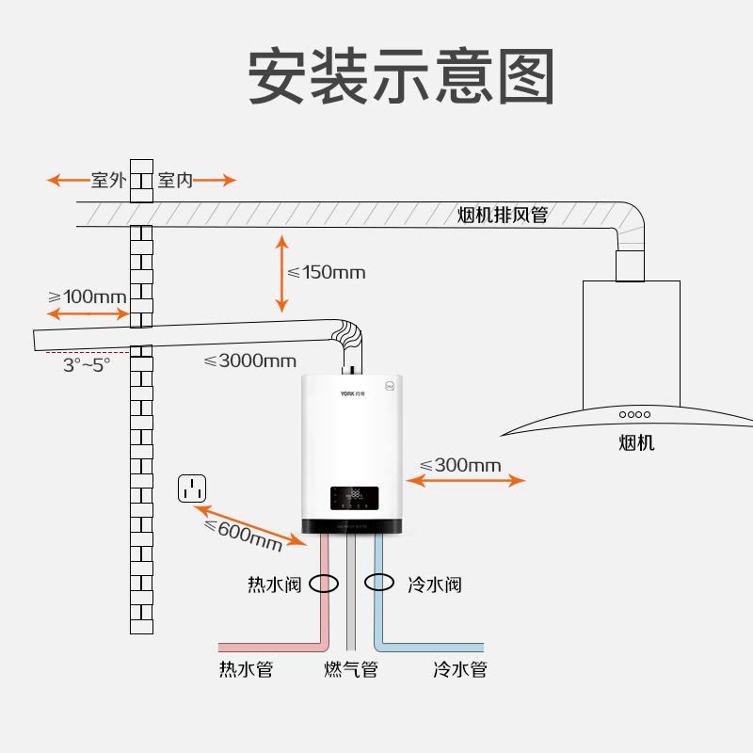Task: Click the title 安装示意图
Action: click(x=400, y=75)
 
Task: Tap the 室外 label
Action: click(x=108, y=180)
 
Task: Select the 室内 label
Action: click(x=175, y=180)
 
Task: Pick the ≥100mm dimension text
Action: click(x=87, y=296)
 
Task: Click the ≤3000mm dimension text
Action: click(x=249, y=360)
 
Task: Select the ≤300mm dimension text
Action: click(x=460, y=465)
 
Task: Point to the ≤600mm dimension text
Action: click(x=243, y=534)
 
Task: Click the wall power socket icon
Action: click(x=192, y=489)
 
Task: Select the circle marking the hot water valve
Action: click(x=324, y=584)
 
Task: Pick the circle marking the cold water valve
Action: click(x=379, y=582)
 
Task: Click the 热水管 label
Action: click(x=246, y=670)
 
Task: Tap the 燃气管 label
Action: click(x=351, y=670)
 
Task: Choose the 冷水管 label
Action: click(x=459, y=670)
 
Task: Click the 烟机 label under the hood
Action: click(x=636, y=442)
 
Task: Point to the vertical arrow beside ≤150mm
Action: click(x=281, y=273)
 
